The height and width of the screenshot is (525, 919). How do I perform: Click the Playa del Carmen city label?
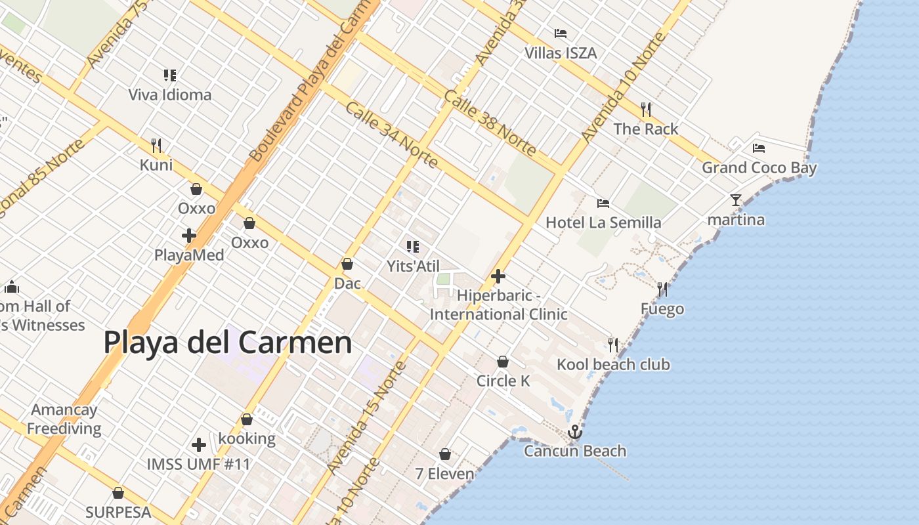tap(228, 343)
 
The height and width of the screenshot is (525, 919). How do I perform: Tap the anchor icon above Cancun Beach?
tap(575, 432)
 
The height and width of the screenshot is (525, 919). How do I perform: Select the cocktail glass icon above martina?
tap(735, 200)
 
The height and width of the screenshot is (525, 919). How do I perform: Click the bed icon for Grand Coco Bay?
tap(759, 148)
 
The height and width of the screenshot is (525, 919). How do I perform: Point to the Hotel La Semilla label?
tap(603, 222)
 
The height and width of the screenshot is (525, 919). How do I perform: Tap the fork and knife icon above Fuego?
tap(662, 289)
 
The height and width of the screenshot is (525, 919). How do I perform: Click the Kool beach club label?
tap(613, 365)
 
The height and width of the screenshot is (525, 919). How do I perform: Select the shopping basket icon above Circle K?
tap(502, 362)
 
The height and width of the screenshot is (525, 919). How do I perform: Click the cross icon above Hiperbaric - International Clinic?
tap(498, 276)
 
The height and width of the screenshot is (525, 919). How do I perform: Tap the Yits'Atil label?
tap(413, 266)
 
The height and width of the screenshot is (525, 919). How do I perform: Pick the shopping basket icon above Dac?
tap(347, 264)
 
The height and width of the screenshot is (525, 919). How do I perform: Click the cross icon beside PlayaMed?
tap(189, 236)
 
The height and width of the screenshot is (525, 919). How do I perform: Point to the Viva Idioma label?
tap(170, 94)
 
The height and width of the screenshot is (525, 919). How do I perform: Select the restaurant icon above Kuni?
tap(156, 145)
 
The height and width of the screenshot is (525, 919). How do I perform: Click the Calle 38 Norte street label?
tap(490, 123)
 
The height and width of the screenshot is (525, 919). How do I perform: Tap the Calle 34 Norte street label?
tap(391, 134)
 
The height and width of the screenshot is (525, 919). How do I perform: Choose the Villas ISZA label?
tap(561, 53)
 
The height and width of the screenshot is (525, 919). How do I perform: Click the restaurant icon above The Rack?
tap(646, 109)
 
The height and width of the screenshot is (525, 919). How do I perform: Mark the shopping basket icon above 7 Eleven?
tap(445, 454)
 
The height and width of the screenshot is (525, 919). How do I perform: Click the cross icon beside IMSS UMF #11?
tap(199, 445)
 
